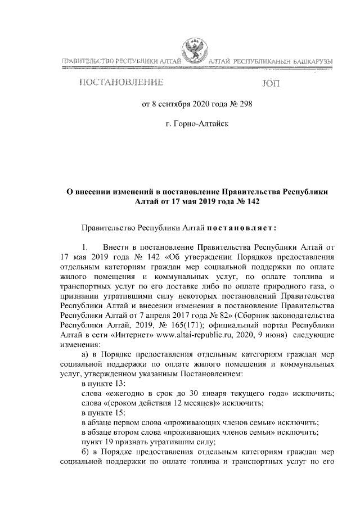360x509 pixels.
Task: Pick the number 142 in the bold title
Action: [x=251, y=201]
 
